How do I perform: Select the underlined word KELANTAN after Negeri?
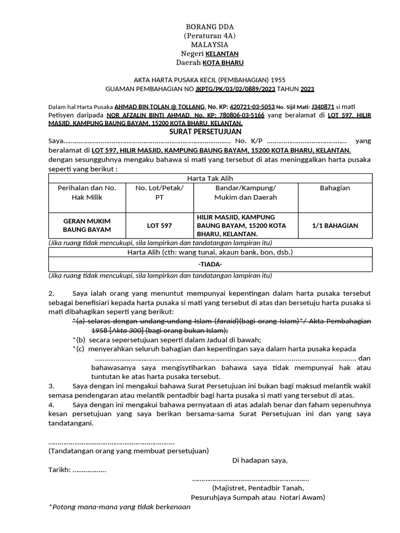(222, 54)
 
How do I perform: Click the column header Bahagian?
(335, 188)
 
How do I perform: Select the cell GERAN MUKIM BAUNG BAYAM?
(87, 225)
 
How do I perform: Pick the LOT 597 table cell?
(159, 225)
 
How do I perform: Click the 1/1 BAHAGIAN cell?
(335, 225)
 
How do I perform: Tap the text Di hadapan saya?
(260, 460)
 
